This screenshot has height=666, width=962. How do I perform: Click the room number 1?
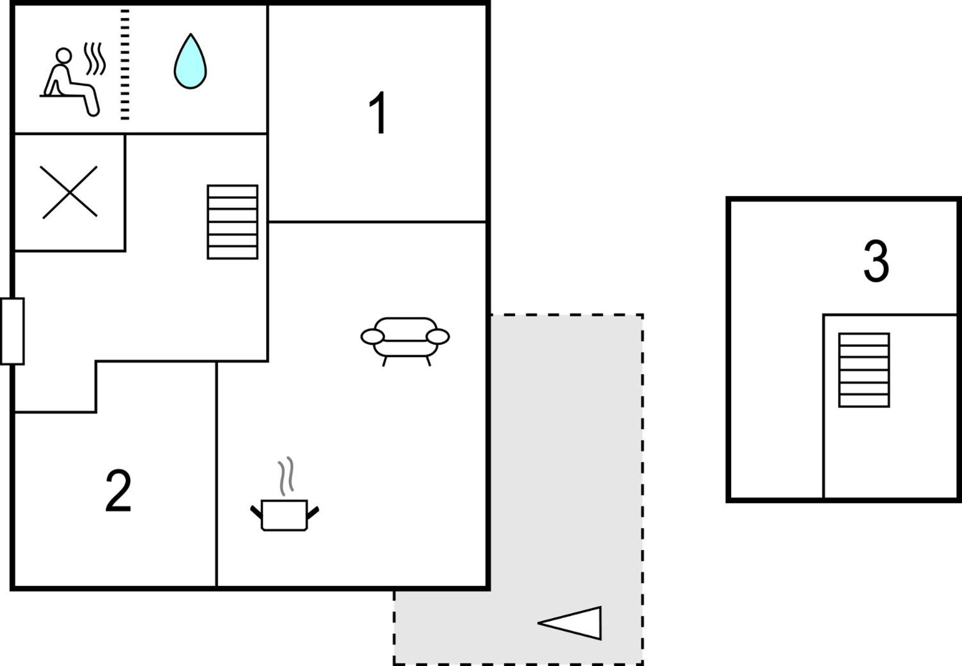point(378,113)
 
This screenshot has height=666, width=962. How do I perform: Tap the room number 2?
point(119,491)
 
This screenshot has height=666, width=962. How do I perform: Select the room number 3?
point(876,261)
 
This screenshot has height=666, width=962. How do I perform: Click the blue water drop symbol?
point(190,61)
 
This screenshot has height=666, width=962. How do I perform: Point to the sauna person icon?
point(70,82)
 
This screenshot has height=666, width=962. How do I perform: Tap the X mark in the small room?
point(69,192)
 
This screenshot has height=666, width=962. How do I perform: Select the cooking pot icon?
point(285,515)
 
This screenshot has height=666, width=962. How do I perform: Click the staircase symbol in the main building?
point(232,222)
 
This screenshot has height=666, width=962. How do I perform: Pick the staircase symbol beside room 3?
point(864,370)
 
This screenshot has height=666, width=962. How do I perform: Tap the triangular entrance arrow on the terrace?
point(570,623)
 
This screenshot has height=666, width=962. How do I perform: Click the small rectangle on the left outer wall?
point(12,331)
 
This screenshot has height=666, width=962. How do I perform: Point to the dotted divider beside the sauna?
point(125,64)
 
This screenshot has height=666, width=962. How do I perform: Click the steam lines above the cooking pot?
point(286,476)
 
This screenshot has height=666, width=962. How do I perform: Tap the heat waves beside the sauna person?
point(95,58)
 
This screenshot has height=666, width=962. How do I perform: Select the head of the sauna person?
point(63,56)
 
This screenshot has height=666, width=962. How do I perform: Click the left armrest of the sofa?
point(372,337)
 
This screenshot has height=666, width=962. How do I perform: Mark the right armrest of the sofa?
point(438,337)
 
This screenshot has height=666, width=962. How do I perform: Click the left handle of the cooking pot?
point(256,512)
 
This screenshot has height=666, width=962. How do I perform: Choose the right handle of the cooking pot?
point(313,512)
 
